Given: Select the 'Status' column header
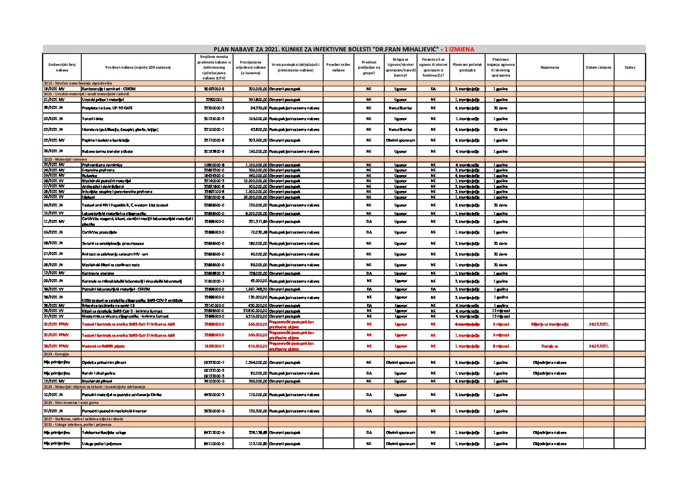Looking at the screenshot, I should pyautogui.click(x=629, y=68).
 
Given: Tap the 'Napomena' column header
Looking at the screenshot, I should pyautogui.click(x=549, y=68).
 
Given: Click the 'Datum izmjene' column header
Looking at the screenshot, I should pyautogui.click(x=598, y=68).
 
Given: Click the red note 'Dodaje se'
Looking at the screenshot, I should pyautogui.click(x=549, y=346).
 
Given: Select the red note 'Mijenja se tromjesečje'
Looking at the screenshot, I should pyautogui.click(x=549, y=324).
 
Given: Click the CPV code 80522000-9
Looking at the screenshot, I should pyautogui.click(x=214, y=88).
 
